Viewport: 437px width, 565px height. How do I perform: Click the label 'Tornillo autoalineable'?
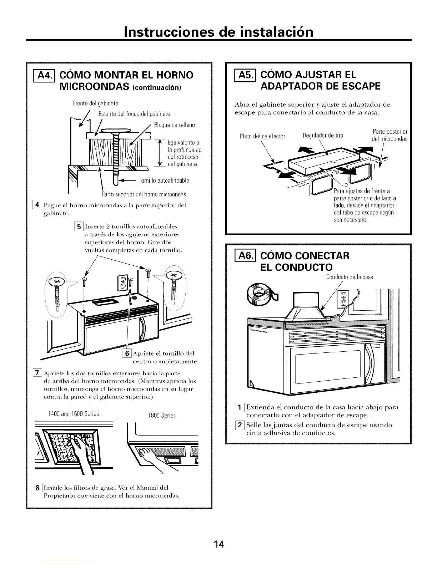(164, 180)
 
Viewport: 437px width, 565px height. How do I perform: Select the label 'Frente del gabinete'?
(95, 103)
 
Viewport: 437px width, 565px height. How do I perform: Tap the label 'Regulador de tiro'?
(323, 135)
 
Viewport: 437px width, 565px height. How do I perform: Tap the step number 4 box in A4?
(36, 205)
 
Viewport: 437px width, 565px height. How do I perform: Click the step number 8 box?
(36, 487)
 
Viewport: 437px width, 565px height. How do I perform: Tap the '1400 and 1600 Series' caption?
(73, 414)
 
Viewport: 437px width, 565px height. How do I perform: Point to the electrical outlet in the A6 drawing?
(342, 299)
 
